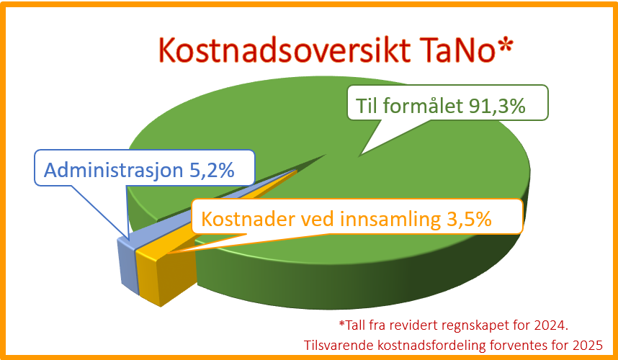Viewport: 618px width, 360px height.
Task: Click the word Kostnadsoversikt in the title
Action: click(284, 50)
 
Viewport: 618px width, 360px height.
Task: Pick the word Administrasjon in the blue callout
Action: click(114, 171)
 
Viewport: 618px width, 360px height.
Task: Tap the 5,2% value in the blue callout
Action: click(212, 171)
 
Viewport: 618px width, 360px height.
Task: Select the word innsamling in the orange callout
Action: click(390, 220)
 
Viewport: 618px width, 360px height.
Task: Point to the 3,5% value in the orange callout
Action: click(469, 219)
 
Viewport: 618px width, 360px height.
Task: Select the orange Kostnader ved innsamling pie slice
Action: click(166, 271)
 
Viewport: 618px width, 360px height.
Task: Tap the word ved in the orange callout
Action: click(318, 219)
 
